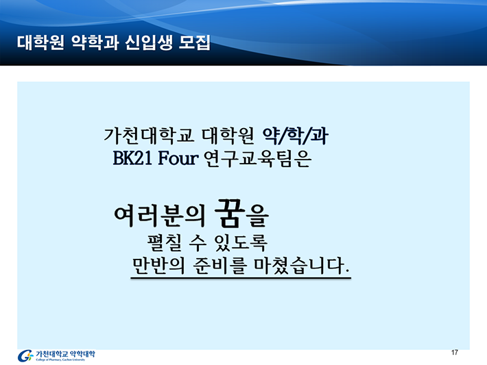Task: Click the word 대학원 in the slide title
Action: pos(40,42)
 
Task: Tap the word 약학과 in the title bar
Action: pos(95,42)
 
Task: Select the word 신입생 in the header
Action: pos(149,42)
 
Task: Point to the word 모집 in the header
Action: pos(195,42)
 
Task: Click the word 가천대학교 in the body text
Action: pos(149,136)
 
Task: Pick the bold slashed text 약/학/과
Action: pos(296,136)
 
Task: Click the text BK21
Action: pos(132,158)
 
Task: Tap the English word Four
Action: pos(178,158)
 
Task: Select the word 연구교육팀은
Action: pos(257,158)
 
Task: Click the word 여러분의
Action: pos(160,215)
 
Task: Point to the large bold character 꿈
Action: pos(228,213)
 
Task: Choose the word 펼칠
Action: pos(165,242)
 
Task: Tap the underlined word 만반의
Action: pos(158,266)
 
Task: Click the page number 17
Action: pos(454,353)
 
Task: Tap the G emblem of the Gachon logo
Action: pos(25,355)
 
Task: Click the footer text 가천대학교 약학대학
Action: pos(66,353)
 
